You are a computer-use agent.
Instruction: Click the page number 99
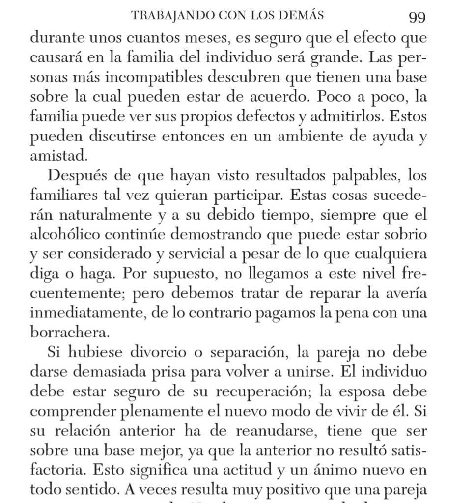(417, 17)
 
